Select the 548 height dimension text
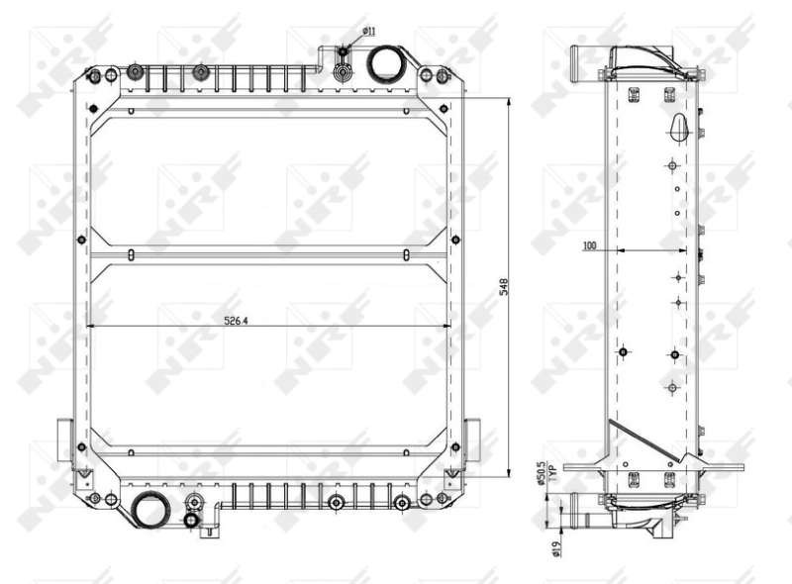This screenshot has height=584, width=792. (x=503, y=288)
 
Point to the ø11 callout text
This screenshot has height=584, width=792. (x=367, y=32)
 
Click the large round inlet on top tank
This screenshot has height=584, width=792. (x=383, y=66)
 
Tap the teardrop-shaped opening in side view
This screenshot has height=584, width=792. (x=677, y=126)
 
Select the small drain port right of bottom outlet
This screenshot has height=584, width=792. (x=193, y=519)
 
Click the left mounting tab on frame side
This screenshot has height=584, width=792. (x=66, y=441)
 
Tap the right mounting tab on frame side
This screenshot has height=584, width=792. (x=472, y=441)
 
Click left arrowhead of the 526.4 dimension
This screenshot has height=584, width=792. (x=91, y=327)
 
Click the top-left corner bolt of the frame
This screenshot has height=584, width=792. (x=93, y=76)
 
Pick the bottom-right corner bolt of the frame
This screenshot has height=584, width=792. (x=428, y=499)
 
